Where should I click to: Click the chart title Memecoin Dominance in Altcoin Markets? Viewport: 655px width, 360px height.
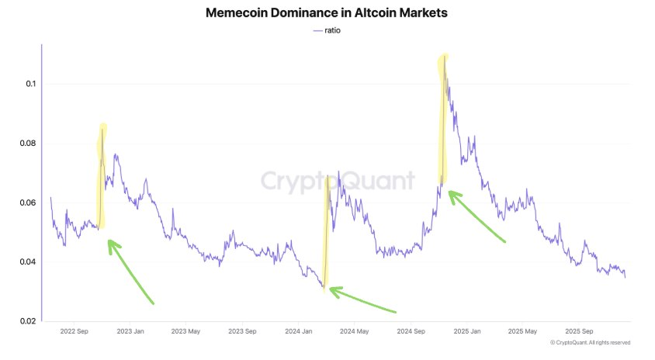point(327,13)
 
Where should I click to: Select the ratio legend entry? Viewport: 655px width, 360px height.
point(327,30)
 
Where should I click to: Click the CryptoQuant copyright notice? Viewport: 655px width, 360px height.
point(590,342)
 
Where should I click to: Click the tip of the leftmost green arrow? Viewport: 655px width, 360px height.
point(108,241)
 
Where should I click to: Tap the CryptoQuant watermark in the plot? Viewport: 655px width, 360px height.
point(337,182)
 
